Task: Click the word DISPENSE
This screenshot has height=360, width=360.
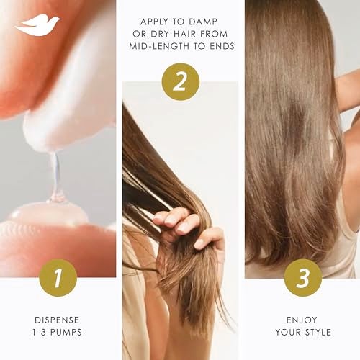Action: click(57, 320)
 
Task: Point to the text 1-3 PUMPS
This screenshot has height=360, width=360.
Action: click(57, 333)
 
